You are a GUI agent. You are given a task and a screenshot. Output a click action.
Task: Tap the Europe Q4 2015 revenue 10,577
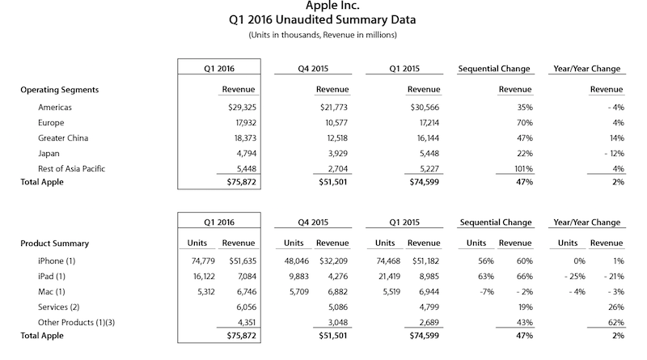(x=331, y=122)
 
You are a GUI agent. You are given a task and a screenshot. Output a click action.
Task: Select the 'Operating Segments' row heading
(x=58, y=90)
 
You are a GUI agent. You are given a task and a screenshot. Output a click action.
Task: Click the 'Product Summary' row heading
(x=53, y=244)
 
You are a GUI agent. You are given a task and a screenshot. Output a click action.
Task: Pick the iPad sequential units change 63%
(x=481, y=276)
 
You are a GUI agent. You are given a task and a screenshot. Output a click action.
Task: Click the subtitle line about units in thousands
(x=323, y=36)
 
